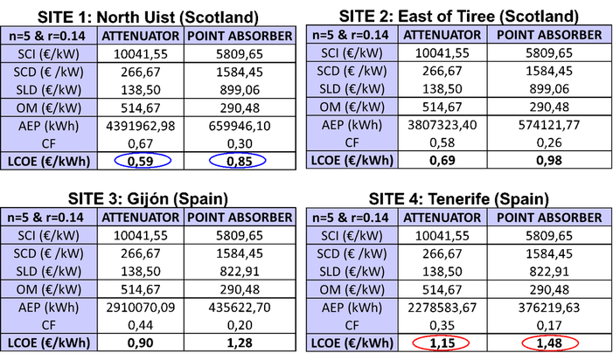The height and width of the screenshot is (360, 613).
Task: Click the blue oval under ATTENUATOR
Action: [143, 161]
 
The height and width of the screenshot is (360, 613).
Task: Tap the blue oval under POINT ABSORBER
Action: [237, 161]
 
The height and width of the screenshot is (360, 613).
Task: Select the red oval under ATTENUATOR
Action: [441, 343]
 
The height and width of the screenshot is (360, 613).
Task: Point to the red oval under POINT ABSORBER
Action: [550, 343]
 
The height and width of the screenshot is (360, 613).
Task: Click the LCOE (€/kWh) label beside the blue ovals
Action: [49, 160]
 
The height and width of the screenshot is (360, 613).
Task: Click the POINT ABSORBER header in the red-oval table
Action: [549, 218]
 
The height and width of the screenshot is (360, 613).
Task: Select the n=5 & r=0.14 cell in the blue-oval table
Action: [49, 36]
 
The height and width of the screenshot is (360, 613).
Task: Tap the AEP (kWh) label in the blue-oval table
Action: [49, 125]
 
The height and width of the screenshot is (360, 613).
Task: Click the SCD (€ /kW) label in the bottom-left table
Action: [49, 253]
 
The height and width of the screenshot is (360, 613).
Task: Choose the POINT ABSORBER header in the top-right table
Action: [549, 35]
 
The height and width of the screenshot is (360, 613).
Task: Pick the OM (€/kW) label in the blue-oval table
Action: [49, 107]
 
